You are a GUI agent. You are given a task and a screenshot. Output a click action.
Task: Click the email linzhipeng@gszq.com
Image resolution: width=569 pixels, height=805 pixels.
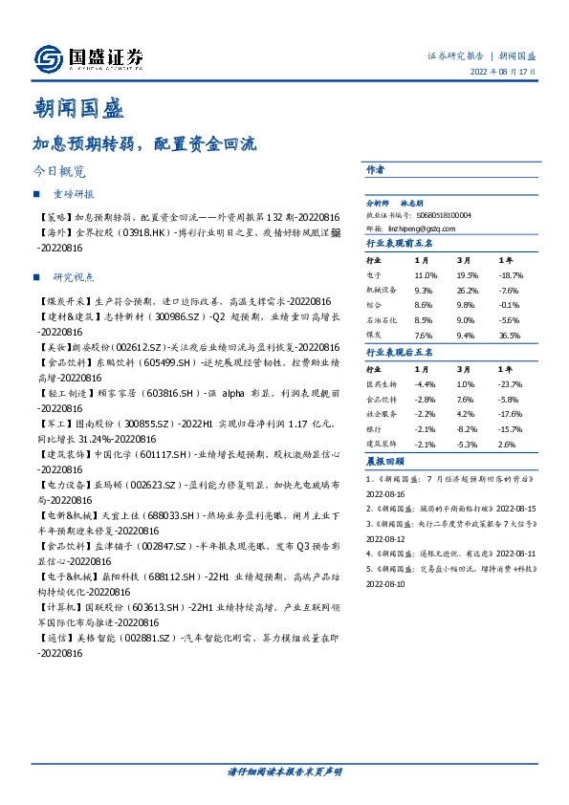tap(427, 228)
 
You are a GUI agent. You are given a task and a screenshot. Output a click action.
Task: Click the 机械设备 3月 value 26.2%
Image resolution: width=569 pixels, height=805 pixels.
tap(469, 290)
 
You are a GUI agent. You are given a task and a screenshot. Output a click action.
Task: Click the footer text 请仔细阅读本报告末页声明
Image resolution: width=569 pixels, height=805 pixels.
tap(284, 771)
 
